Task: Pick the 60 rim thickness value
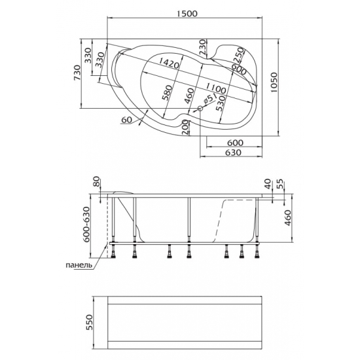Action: pyautogui.click(x=126, y=120)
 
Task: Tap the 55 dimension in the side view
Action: pyautogui.click(x=279, y=184)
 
